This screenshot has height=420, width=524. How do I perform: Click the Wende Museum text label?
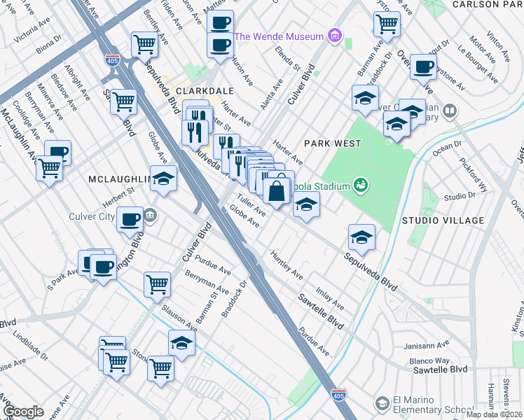click(x=279, y=36)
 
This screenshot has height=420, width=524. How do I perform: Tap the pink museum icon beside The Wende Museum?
click(x=335, y=36)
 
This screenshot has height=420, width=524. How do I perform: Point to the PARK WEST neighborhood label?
click(x=332, y=143)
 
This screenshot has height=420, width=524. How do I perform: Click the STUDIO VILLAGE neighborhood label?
click(x=443, y=220)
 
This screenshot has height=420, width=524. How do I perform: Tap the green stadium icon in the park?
click(x=361, y=185)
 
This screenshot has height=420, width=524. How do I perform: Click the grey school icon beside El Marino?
click(x=381, y=404)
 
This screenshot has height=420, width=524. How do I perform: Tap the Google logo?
click(x=23, y=412)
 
